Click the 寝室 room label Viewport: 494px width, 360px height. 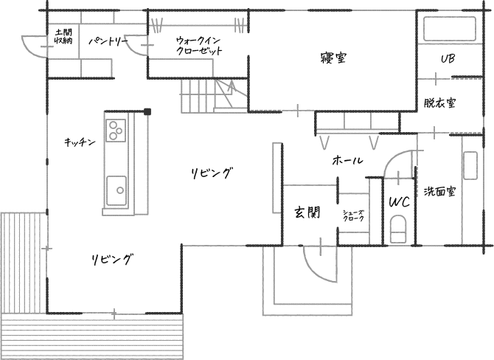(334, 58)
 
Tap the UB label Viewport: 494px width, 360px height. (447, 59)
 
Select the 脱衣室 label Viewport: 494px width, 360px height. (439, 103)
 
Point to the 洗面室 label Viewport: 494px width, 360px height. (439, 192)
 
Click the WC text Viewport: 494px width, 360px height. (398, 201)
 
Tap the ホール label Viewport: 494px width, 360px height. (347, 160)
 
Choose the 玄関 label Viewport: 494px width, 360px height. (307, 213)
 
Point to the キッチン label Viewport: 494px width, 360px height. (80, 142)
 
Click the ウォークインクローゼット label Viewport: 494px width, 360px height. (199, 46)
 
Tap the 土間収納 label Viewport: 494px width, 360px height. (63, 36)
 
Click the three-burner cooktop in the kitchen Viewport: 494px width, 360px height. (115, 130)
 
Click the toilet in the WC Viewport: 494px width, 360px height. (398, 229)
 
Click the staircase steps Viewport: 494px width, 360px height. (198, 95)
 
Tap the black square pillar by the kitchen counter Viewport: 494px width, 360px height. (147, 111)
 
